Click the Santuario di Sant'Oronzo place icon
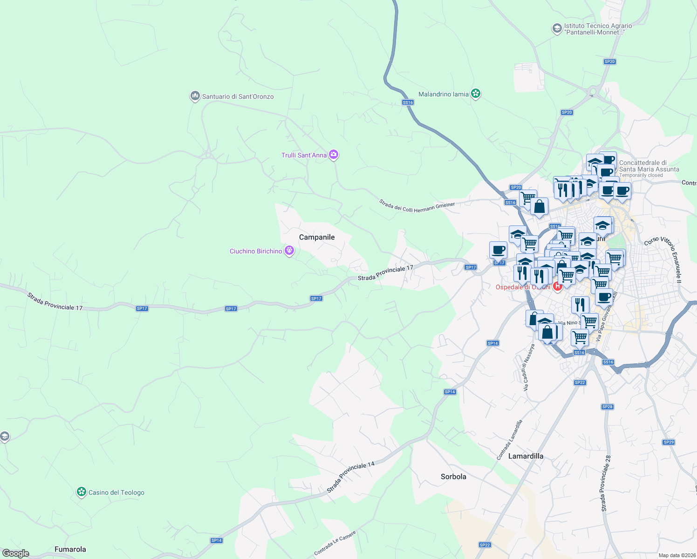pos(195,96)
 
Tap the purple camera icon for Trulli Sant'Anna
pos(333,155)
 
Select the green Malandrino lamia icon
pos(475,94)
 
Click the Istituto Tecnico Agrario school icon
pos(557,29)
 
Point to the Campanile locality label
pos(317,237)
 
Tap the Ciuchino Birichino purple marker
pos(289,251)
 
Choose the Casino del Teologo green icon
pos(82,492)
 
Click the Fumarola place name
pos(70,549)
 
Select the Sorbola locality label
pos(453,477)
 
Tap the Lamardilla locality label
pos(526,456)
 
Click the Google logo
pos(15,553)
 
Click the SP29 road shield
pos(669,442)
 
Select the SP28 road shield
pos(607,407)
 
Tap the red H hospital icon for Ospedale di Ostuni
pos(557,286)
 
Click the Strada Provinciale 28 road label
pos(606,484)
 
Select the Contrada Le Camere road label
pos(335,543)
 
